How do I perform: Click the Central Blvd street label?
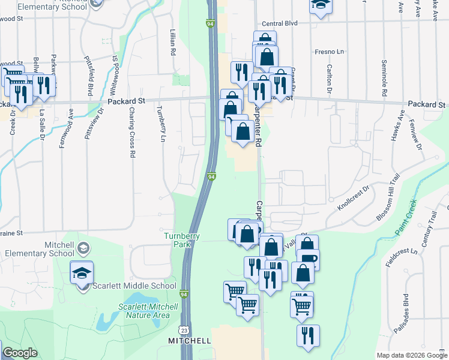280,24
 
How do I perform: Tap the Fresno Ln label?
328,52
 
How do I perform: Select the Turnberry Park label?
182,240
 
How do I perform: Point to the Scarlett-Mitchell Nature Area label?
148,310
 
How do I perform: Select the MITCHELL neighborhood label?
189,341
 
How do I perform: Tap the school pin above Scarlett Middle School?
82,273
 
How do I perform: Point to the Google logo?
20,353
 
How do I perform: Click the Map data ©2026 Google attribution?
411,355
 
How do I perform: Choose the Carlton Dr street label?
330,80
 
